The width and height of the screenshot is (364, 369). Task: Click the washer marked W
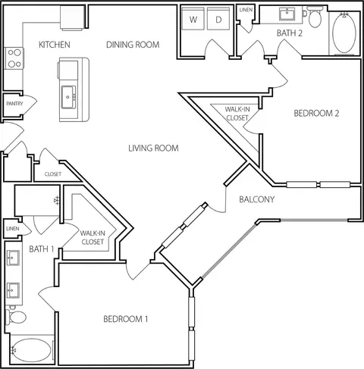193,18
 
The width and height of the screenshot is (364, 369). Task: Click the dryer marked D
218,18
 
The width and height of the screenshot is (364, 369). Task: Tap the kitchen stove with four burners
14,58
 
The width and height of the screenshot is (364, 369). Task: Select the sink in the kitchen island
68,97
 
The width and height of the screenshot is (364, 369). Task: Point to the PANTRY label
14,104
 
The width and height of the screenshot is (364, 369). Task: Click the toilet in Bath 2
315,17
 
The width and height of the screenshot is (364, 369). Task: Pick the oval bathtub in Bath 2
344,33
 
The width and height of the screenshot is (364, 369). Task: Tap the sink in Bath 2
287,14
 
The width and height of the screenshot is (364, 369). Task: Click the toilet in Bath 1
16,317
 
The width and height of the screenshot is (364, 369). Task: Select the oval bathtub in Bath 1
31,350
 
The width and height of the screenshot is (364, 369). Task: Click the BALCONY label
256,199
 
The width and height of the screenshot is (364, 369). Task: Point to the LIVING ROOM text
153,148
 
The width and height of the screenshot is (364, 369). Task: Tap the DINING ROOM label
133,45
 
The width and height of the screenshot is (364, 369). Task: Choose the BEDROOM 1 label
126,319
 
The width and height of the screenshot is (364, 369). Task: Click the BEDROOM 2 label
316,113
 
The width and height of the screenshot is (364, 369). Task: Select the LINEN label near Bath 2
246,10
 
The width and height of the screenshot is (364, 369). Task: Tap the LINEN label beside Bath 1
13,229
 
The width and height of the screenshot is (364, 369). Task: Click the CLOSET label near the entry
53,174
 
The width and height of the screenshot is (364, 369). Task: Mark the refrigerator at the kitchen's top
72,17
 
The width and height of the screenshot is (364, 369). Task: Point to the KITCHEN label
55,45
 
